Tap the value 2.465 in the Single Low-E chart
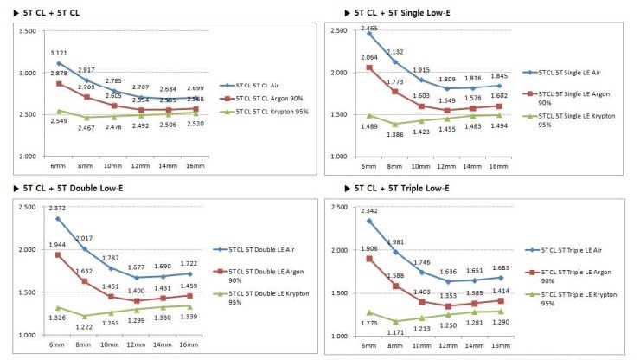(369, 29)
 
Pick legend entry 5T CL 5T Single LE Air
(573, 73)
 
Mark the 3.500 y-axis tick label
(27, 31)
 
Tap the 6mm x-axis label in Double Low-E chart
(58, 345)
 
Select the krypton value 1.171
(397, 332)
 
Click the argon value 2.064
(369, 57)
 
